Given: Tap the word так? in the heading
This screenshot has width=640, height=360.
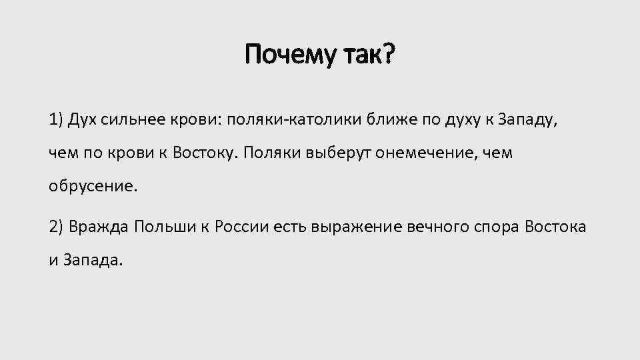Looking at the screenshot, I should click(369, 55).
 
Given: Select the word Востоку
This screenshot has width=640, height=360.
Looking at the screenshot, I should click(203, 153).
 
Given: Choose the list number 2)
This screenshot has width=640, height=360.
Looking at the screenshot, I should click(58, 226).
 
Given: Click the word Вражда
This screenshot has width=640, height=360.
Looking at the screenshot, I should click(100, 226).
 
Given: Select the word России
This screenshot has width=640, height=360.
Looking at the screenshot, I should click(244, 226).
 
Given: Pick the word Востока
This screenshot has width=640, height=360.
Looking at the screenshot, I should click(556, 226).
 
